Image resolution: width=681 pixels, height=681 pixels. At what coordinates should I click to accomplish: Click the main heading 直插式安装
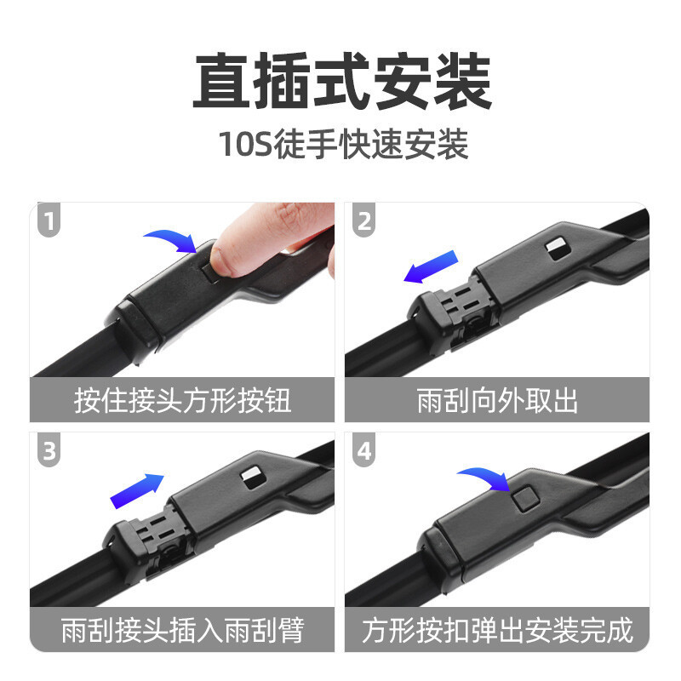click(343, 81)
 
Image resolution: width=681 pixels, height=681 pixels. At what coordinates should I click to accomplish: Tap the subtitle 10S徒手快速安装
click(344, 144)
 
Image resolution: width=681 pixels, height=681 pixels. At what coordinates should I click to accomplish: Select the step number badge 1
click(49, 220)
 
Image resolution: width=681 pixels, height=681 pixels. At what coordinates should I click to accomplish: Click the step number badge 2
click(364, 220)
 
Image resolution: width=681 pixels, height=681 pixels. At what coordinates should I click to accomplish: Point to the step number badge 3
click(49, 450)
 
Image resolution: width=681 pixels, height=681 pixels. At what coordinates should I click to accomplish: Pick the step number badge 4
click(364, 450)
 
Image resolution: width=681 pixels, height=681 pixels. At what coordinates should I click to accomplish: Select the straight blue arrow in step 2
click(431, 266)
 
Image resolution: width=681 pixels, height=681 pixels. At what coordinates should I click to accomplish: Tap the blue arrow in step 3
click(137, 491)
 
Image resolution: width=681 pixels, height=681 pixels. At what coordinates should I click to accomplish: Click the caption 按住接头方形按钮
click(182, 400)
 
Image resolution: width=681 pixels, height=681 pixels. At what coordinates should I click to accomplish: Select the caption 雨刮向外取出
click(497, 400)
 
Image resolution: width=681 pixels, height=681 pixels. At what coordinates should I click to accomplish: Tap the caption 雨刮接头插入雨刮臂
click(182, 630)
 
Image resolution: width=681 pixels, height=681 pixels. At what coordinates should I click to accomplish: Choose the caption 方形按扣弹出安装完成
click(497, 630)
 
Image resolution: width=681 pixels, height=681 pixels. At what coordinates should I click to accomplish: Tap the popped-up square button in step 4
click(524, 497)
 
